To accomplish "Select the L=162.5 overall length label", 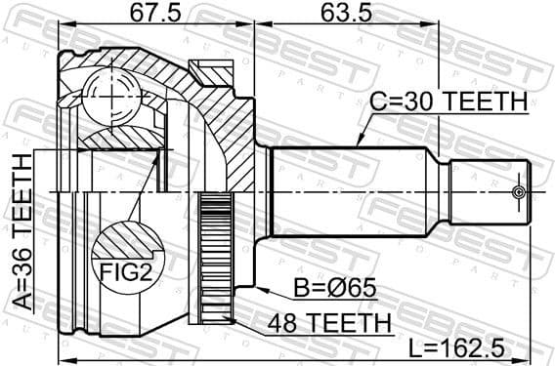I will point(467,347).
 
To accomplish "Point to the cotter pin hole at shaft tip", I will point(519,191).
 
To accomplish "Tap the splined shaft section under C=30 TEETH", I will point(352,191).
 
